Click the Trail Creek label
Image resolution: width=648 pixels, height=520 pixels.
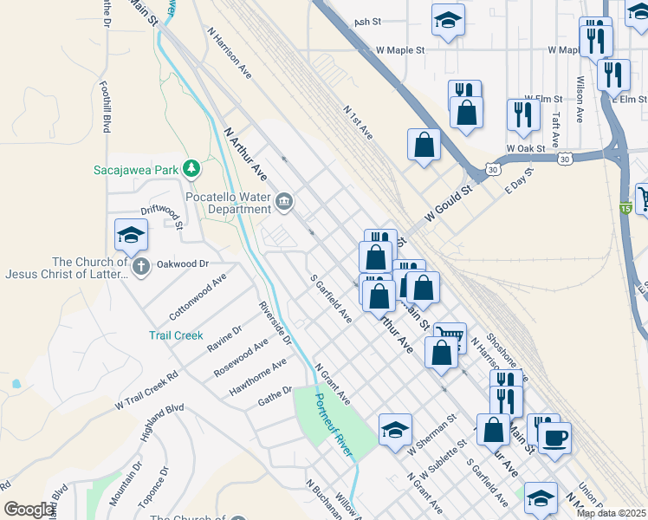[x=176, y=335]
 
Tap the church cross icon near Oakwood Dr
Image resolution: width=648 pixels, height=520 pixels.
[x=139, y=267]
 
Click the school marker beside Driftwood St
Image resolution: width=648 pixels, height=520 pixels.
[x=131, y=234]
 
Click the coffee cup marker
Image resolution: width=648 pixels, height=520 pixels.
[x=554, y=437]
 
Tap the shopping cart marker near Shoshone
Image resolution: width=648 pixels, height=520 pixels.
[x=450, y=336]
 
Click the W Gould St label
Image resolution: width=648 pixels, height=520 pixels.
[x=447, y=203]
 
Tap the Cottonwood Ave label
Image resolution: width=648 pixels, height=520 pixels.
[x=198, y=296]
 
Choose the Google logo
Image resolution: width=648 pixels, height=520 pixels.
[x=29, y=510]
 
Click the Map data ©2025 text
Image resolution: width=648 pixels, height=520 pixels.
[x=612, y=513]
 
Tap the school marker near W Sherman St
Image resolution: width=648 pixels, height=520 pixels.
[x=394, y=429]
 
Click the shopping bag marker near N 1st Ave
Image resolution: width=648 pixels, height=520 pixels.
[x=424, y=145]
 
